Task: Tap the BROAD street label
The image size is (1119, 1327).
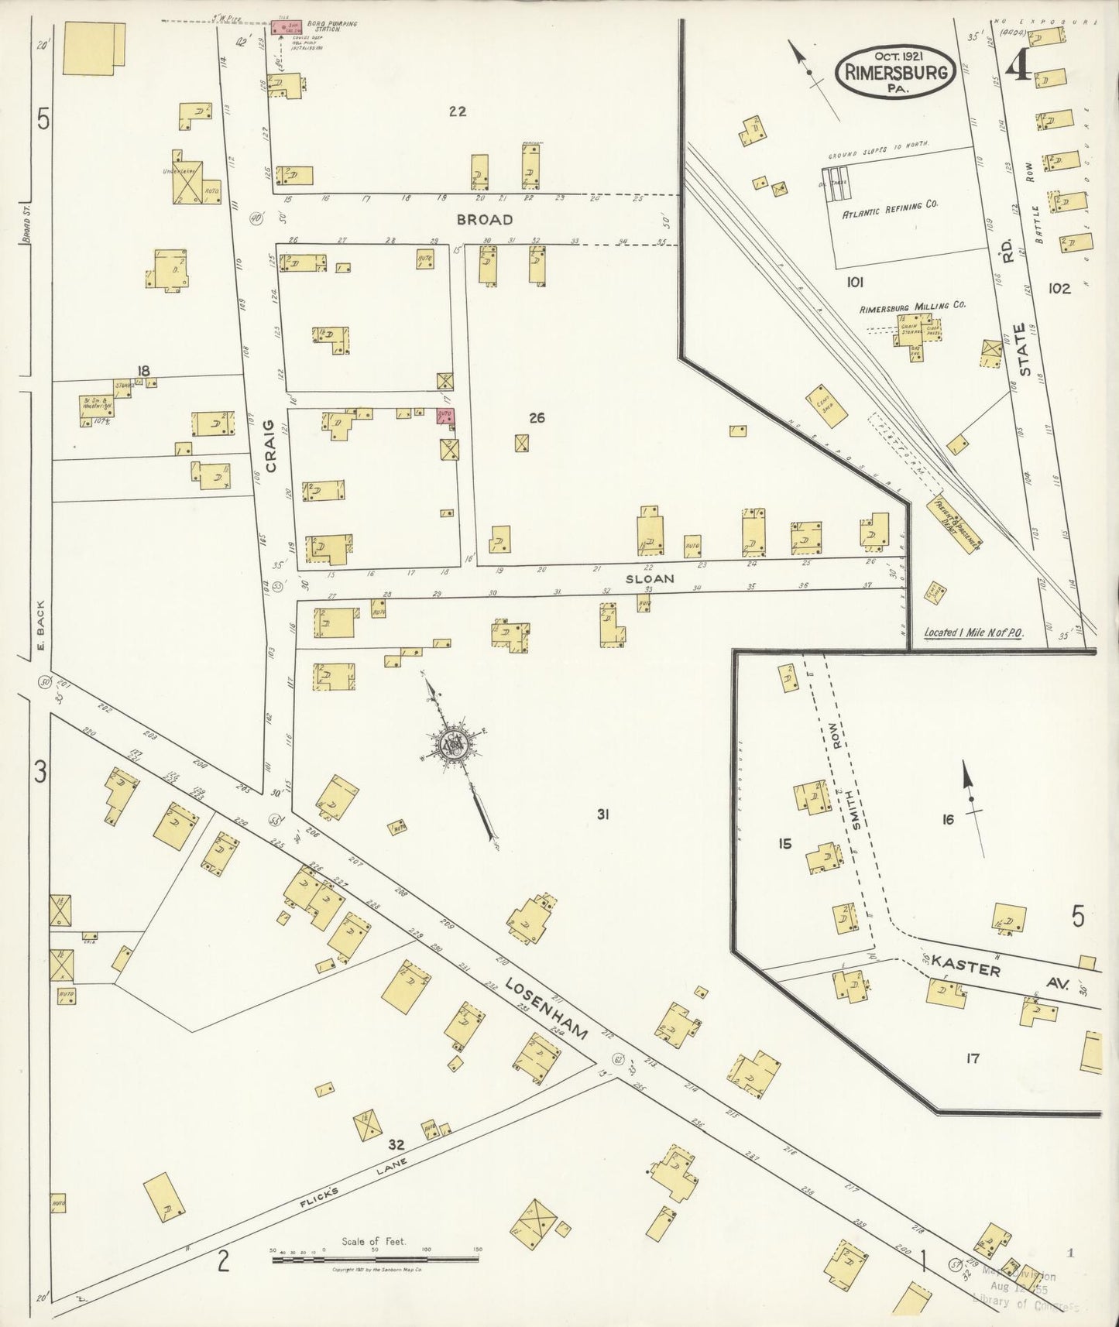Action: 485,220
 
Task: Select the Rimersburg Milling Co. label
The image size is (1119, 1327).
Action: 913,306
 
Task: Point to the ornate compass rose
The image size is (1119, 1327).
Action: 453,745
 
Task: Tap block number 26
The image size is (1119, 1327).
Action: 537,418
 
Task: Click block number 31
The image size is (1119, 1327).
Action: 605,814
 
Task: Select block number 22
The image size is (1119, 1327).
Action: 458,111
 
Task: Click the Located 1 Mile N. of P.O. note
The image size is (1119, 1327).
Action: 973,633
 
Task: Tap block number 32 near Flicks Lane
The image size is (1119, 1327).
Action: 396,1144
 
